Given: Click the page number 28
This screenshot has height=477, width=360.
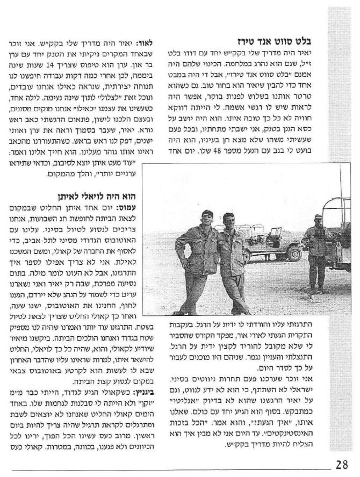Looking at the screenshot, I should tap(343, 464).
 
